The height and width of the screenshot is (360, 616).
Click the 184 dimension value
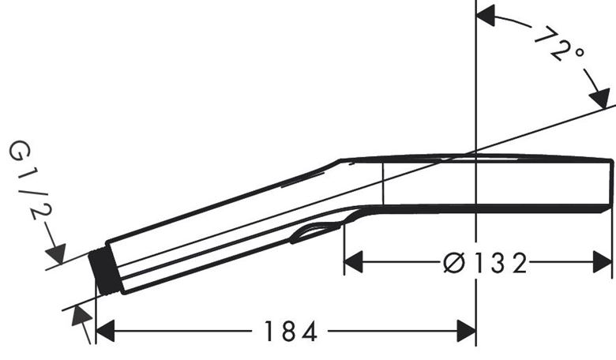click(291, 332)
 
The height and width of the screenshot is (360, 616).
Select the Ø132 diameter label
click(485, 263)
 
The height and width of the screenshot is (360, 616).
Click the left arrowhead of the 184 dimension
click(105, 331)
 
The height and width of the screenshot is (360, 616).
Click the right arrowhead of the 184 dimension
click(466, 331)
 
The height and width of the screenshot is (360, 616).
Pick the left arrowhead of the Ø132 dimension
click(353, 262)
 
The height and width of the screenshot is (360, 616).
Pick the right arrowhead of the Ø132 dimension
click(603, 262)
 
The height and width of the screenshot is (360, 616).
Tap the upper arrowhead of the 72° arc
click(485, 17)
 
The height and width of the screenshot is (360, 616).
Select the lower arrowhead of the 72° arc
click(600, 98)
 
